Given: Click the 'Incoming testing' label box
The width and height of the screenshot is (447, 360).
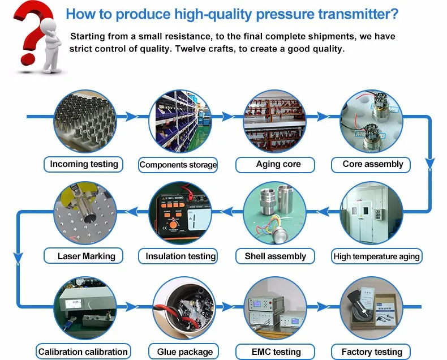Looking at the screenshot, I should tap(84, 164).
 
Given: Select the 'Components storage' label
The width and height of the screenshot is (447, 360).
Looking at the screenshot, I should tap(178, 165).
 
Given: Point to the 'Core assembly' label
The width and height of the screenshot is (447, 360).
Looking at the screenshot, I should tap(373, 164).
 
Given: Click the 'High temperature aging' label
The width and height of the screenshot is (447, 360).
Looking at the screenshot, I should tap(376, 256).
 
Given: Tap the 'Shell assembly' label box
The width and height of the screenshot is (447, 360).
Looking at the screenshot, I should tap(275, 256).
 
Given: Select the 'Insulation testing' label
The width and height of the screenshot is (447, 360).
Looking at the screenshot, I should tap(180, 256).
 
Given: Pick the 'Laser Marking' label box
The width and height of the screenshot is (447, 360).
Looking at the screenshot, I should tap(86, 256).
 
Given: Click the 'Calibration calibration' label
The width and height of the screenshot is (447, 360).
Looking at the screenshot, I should tap(84, 352).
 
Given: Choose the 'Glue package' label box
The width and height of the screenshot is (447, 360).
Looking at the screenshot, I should tap(180, 352).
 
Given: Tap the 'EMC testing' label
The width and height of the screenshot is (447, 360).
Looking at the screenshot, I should tap(275, 352).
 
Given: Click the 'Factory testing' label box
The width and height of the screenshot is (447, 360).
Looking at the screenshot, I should tap(372, 352).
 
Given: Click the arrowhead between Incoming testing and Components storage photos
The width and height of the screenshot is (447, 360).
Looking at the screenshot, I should tap(131, 117).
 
